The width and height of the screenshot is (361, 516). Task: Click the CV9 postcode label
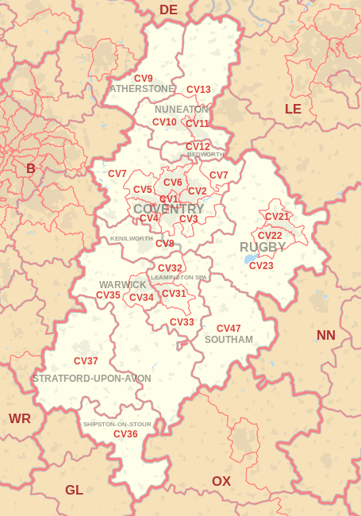144,79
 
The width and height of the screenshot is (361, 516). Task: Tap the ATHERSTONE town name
141,89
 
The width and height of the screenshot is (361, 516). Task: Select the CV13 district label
198,90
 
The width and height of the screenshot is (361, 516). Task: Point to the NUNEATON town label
182,109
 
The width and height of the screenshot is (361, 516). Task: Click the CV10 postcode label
164,122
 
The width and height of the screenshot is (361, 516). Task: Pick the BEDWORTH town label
206,154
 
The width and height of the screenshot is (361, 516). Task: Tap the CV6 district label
173,183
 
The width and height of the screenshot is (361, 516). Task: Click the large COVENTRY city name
169,209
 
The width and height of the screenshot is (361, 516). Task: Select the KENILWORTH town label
132,238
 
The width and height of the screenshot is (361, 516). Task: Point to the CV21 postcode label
277,217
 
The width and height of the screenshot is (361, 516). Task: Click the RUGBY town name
263,247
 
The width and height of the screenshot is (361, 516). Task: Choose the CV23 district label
261,266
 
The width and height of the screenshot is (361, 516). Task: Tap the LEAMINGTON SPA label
179,277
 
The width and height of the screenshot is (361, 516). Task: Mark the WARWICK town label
123,284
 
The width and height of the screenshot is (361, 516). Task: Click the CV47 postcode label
229,329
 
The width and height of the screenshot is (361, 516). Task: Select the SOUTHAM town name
229,340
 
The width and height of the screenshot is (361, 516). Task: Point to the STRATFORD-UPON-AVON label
92,379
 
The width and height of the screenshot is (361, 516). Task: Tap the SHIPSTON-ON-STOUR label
117,424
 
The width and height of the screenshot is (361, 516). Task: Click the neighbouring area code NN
326,335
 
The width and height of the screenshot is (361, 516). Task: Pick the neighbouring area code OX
221,481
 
